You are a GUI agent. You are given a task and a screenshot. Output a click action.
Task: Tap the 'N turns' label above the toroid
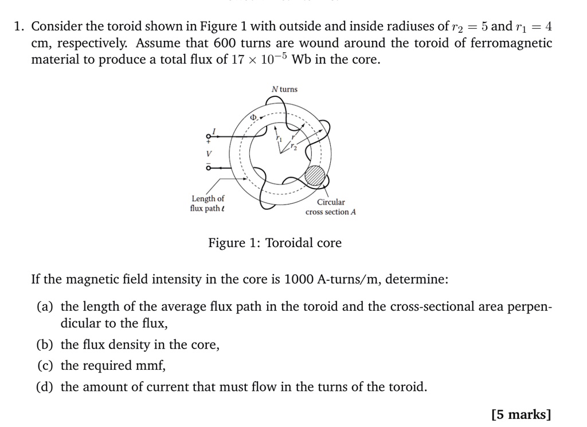coord(284,89)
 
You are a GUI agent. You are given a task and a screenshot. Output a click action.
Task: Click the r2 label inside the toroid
coord(294,147)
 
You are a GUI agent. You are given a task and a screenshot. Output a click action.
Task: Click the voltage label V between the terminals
coord(209,154)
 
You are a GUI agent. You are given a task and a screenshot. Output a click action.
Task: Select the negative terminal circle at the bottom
coord(208,169)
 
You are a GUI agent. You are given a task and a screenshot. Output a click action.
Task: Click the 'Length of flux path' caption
coord(208,203)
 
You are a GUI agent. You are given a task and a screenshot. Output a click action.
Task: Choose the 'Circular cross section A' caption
coord(331,207)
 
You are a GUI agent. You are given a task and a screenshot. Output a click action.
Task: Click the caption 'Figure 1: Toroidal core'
coord(275,243)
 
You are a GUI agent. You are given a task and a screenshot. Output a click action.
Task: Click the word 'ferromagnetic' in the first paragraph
coord(503,43)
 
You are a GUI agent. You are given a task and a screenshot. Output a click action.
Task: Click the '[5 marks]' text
coord(521,414)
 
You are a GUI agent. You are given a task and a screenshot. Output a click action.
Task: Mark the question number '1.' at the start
coord(21,26)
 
